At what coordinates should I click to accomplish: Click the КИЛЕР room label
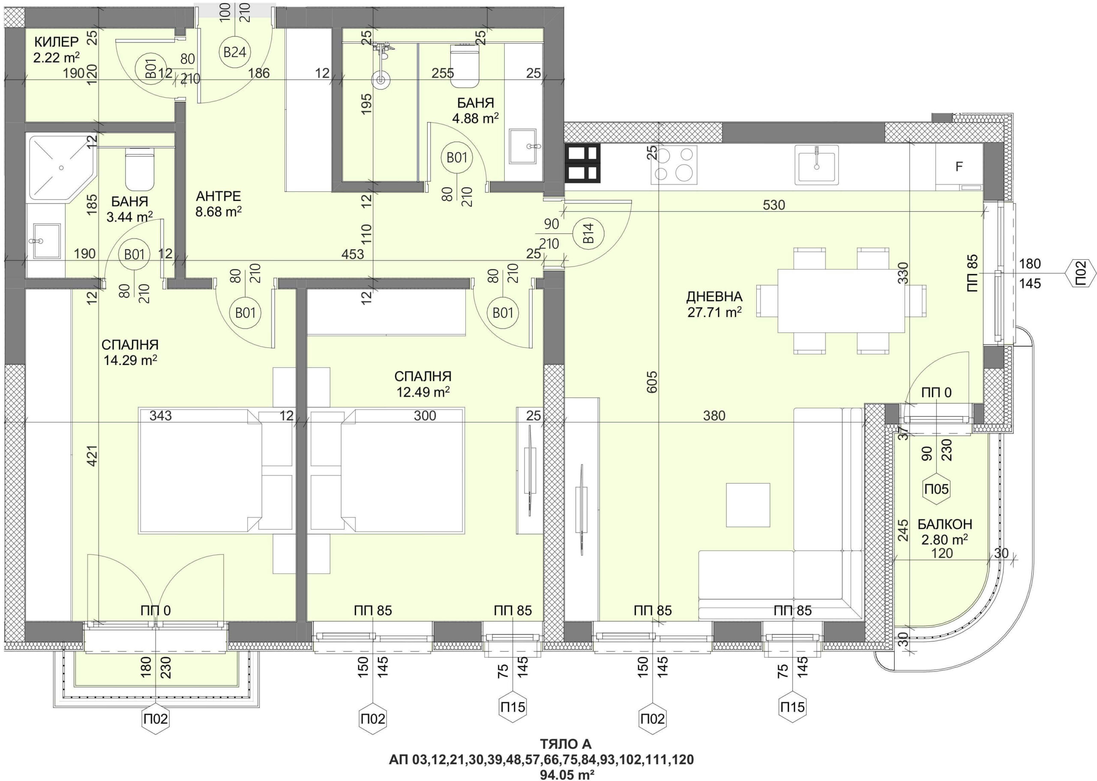56,42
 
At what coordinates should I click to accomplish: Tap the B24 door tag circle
235,52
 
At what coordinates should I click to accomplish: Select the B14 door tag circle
589,234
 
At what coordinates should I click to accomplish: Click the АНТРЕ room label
219,196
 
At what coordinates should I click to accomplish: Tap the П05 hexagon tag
936,489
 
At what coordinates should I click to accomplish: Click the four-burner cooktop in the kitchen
674,165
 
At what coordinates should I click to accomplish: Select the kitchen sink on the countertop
817,165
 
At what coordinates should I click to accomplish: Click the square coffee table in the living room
748,505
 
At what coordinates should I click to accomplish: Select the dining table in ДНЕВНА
841,300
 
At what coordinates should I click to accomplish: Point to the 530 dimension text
774,205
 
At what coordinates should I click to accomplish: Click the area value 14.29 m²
130,360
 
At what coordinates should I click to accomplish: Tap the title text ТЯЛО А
566,745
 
